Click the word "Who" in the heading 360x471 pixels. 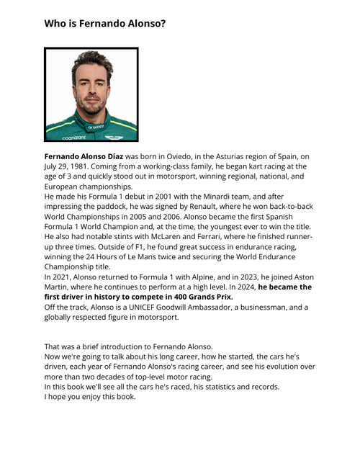(x=55, y=24)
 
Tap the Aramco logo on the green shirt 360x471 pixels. (x=96, y=126)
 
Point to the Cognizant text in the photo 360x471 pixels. (x=73, y=136)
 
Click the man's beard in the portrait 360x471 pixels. (x=91, y=105)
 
